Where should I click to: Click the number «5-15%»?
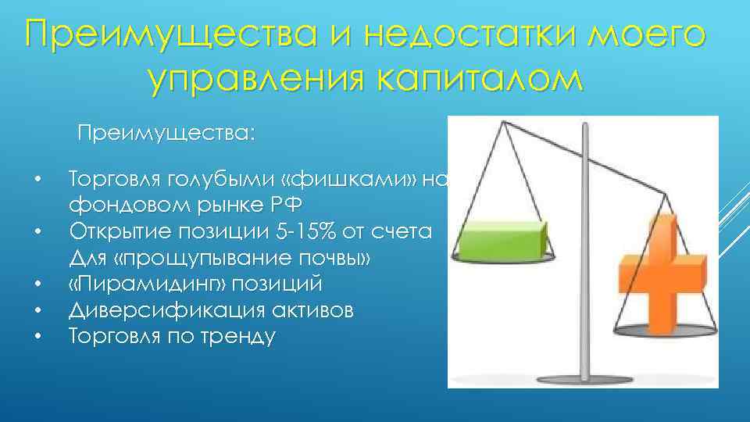(x=323, y=232)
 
